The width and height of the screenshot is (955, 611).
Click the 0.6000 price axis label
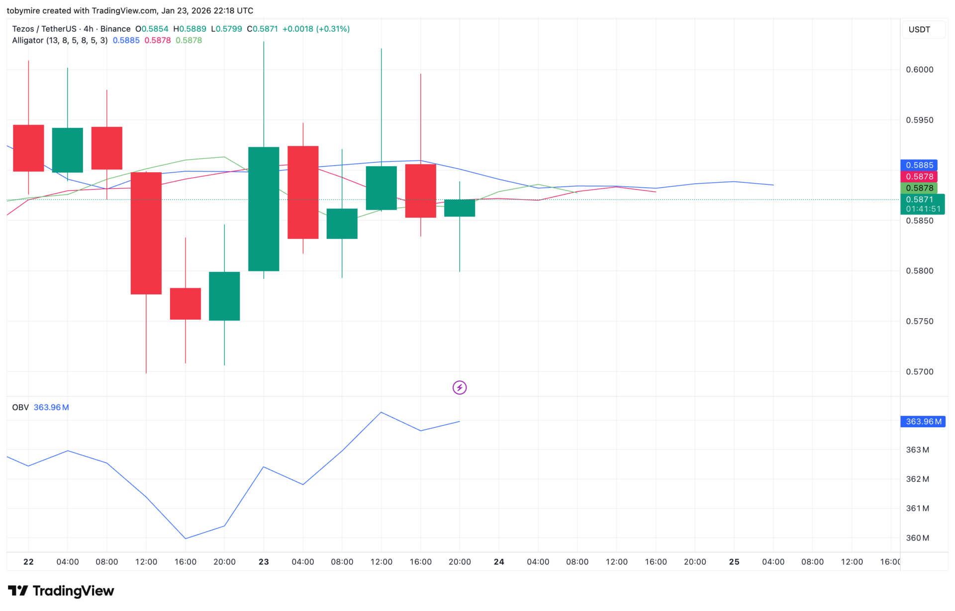pos(919,70)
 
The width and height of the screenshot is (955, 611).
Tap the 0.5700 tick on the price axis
pos(919,372)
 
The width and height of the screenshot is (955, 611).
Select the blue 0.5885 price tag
pos(919,165)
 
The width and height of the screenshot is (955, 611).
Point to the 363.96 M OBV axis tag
pos(923,422)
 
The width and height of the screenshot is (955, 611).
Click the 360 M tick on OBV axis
pos(917,538)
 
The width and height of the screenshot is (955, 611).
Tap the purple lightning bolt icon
pos(460,387)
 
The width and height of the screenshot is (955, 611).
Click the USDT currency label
pos(919,29)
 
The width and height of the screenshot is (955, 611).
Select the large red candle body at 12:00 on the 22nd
pos(146,233)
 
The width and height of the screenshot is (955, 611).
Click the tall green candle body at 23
pos(264,209)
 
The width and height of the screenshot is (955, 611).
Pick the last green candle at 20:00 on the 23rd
pos(460,208)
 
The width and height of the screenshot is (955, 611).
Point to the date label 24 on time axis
pos(499,562)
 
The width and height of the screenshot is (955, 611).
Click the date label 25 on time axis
pos(734,562)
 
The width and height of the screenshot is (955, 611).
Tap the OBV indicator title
pos(20,407)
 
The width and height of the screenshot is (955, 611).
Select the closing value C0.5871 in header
pos(262,29)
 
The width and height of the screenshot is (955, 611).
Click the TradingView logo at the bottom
pos(61,591)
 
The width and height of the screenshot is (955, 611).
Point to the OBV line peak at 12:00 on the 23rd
pos(381,412)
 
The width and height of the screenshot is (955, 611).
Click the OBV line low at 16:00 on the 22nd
pos(186,538)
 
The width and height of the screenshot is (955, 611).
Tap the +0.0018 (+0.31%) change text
pos(316,29)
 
